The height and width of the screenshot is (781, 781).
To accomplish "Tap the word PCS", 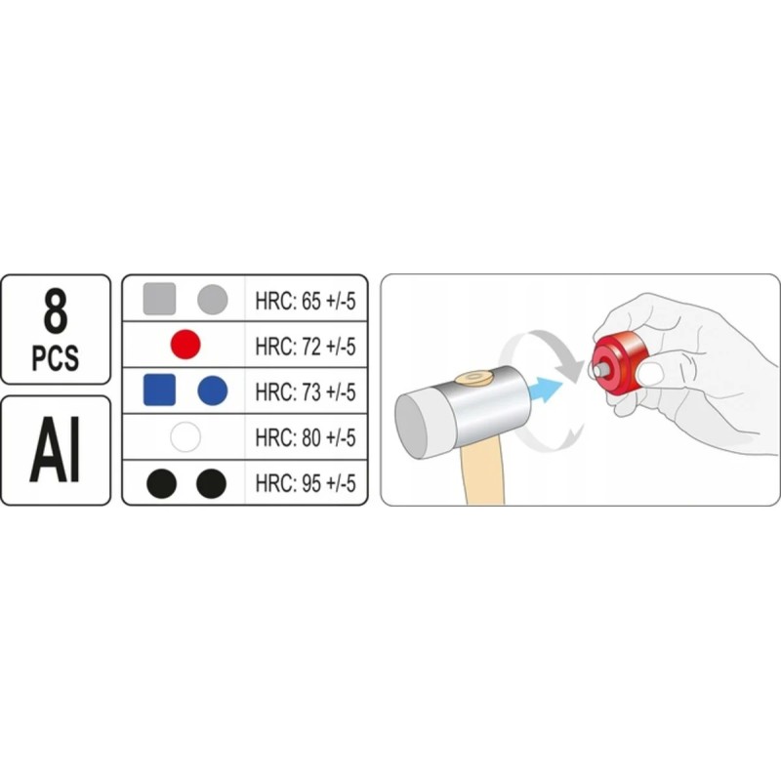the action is click(x=56, y=357).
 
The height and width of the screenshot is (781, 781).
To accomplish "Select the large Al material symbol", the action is click(x=56, y=450).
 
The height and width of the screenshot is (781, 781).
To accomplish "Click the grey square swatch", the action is click(x=159, y=299).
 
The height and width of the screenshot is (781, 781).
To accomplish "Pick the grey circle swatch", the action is click(x=213, y=300).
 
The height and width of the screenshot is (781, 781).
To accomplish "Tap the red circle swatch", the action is click(x=185, y=345).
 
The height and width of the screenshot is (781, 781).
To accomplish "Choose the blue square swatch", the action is click(x=159, y=390).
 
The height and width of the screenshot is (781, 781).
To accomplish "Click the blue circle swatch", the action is click(x=213, y=390).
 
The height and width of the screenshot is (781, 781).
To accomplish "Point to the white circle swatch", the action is click(x=185, y=436).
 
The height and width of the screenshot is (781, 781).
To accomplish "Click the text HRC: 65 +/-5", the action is click(x=306, y=301).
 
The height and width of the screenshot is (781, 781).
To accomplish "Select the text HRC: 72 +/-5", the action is click(x=306, y=347).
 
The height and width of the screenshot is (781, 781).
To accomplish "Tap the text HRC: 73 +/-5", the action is click(x=306, y=392).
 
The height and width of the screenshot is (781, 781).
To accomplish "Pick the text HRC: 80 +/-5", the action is click(x=306, y=437).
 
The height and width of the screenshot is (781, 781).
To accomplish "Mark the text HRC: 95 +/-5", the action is click(x=306, y=483).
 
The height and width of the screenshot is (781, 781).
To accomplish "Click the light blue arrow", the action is click(x=546, y=389).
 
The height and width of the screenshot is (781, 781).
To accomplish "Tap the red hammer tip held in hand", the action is click(x=619, y=362).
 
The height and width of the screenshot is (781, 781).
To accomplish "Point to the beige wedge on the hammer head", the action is click(x=473, y=377).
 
